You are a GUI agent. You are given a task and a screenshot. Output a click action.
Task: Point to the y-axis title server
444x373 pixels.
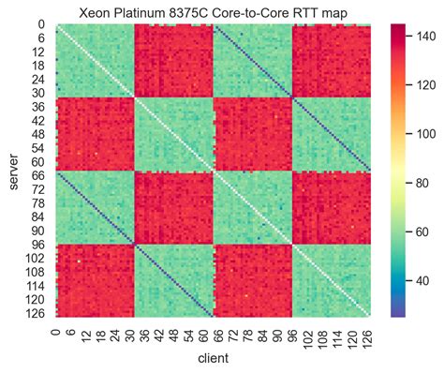[x=12, y=171]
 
